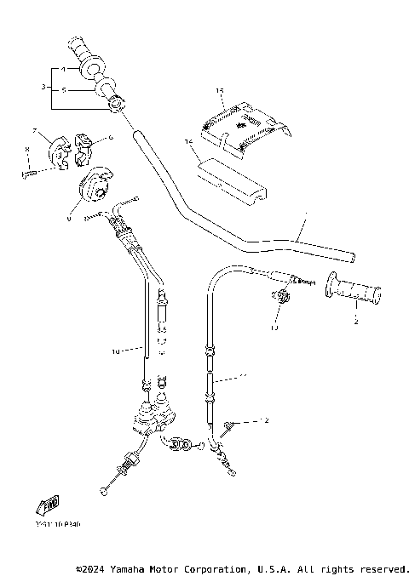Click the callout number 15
click(219, 89)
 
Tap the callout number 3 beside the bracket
click(43, 87)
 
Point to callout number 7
click(35, 130)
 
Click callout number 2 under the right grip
click(355, 322)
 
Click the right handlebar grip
click(354, 294)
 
